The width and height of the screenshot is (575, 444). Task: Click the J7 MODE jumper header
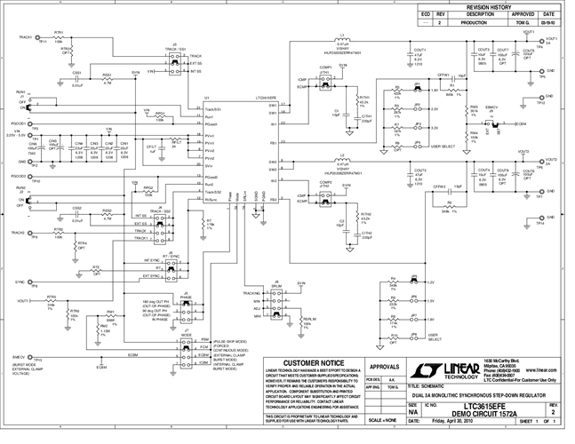coord(188,350)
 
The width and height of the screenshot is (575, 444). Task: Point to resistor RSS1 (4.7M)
coord(107,81)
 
